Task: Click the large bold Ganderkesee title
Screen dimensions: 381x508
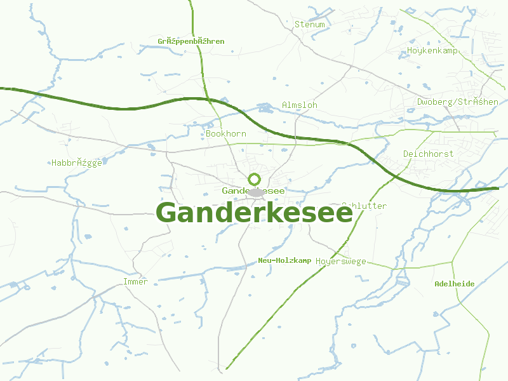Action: (x=254, y=213)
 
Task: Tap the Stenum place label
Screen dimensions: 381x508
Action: (x=310, y=25)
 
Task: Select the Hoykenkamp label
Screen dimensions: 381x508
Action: (x=433, y=50)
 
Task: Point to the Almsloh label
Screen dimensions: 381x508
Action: (x=300, y=105)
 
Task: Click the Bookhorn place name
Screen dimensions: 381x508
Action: (x=226, y=134)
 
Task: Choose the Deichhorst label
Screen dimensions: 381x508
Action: (x=428, y=154)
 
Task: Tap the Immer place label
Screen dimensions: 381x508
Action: (x=135, y=281)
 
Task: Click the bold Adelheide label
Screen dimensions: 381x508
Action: (x=454, y=284)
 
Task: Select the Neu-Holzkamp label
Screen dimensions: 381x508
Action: (x=284, y=261)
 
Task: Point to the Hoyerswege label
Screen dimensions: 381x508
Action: (x=341, y=262)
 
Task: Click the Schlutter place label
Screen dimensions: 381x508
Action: (x=365, y=206)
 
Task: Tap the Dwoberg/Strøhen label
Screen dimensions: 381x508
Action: (x=458, y=102)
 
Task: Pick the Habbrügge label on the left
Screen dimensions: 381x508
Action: (x=77, y=163)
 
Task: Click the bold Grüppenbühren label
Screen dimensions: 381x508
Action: (x=191, y=41)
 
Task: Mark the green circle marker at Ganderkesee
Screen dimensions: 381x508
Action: (x=255, y=179)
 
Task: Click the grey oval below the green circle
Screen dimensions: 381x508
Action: (x=255, y=192)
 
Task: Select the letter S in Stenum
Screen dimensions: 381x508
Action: (x=297, y=25)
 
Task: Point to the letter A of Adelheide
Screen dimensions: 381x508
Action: (x=437, y=284)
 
